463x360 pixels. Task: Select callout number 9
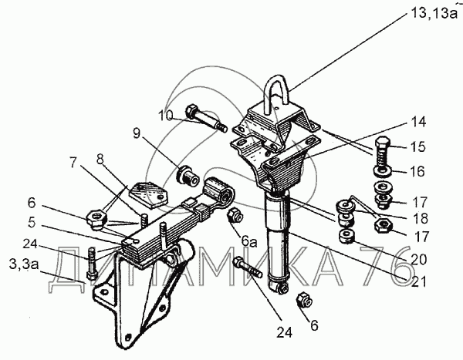[x=138, y=133]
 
